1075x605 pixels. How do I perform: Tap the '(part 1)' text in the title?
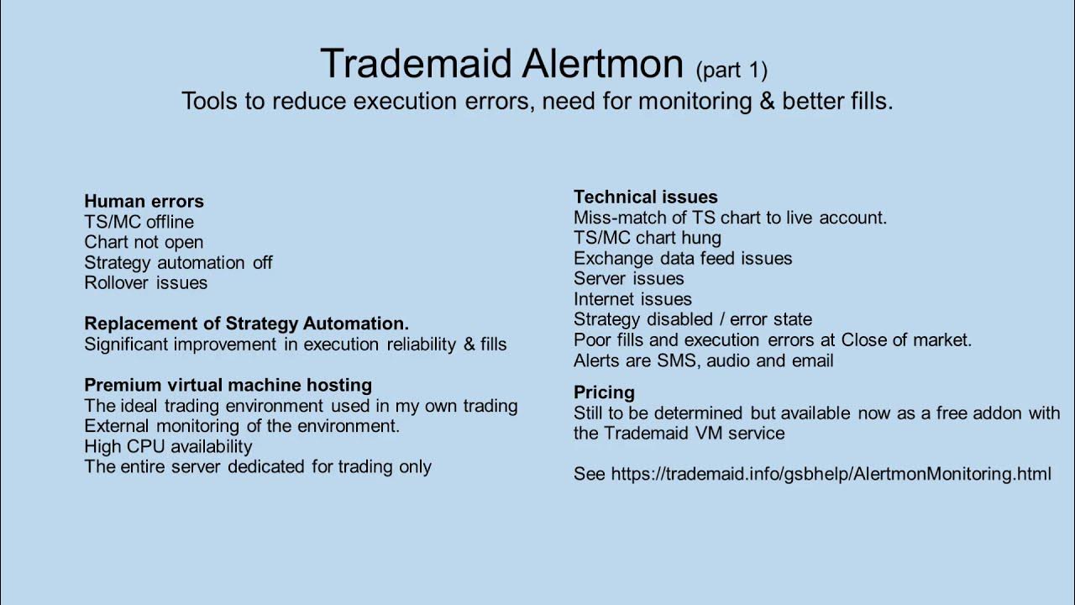point(731,69)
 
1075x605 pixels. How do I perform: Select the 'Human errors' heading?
point(144,202)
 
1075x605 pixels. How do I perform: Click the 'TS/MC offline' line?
point(139,222)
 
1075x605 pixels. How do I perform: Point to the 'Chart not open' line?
point(144,242)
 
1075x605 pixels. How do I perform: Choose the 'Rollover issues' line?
point(145,282)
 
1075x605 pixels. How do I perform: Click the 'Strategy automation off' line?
point(178,262)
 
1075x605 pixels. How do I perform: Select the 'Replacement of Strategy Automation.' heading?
point(246,324)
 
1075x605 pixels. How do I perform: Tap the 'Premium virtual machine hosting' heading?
point(228,385)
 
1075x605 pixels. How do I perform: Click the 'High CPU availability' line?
point(168,446)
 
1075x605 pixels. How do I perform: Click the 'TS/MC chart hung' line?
point(647,238)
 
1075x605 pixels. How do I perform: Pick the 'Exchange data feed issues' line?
point(683,258)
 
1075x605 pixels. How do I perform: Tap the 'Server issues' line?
point(628,278)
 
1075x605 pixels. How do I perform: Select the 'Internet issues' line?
point(632,299)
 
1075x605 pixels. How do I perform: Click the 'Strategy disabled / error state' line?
point(693,319)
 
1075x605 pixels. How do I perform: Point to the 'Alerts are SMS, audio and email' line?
point(703,360)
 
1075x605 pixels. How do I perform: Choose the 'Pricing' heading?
point(604,392)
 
